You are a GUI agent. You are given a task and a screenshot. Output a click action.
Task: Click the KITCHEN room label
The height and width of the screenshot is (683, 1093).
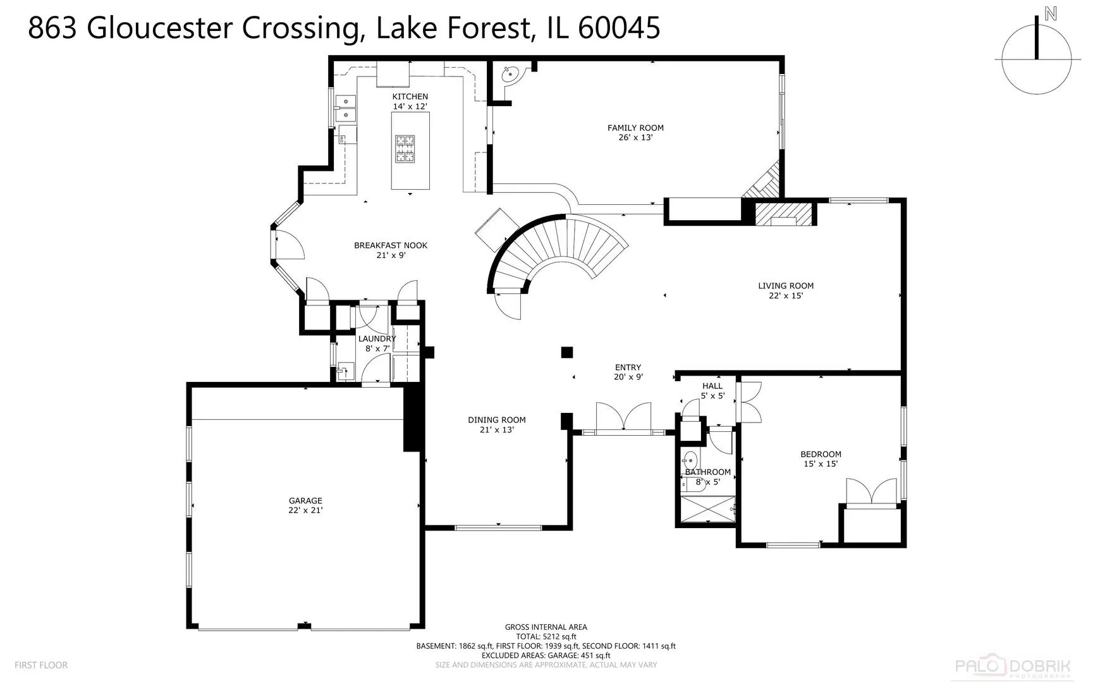[x=410, y=97]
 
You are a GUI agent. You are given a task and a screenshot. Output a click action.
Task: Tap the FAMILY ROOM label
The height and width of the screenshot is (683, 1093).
[x=635, y=128]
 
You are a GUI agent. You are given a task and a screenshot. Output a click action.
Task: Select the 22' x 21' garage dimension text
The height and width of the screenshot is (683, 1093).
[x=305, y=510]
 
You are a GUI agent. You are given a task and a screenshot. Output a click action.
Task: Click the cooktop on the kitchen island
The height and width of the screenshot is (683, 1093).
[x=405, y=149]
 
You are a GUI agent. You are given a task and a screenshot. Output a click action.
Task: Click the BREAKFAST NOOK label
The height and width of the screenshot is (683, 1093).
[x=391, y=245]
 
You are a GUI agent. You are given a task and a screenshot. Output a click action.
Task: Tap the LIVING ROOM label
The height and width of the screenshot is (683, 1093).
[x=786, y=286]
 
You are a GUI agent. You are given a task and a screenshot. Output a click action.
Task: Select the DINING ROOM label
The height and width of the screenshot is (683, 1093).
[x=497, y=420]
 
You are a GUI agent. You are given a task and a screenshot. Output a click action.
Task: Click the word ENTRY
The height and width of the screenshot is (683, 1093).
[x=628, y=367]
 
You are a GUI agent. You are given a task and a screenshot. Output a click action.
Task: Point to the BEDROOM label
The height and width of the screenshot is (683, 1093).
[x=821, y=454]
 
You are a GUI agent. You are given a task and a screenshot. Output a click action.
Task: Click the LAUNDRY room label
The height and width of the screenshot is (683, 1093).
[x=377, y=339]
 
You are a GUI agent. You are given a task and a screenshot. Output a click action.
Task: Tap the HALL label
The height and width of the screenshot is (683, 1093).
[x=712, y=386]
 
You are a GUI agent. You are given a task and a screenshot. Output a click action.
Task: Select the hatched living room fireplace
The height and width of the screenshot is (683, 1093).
[x=783, y=214]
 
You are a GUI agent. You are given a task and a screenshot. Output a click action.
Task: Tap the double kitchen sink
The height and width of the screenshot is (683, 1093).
[x=346, y=108]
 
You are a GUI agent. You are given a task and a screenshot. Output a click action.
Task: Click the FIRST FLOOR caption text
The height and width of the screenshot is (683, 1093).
[x=41, y=665]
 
